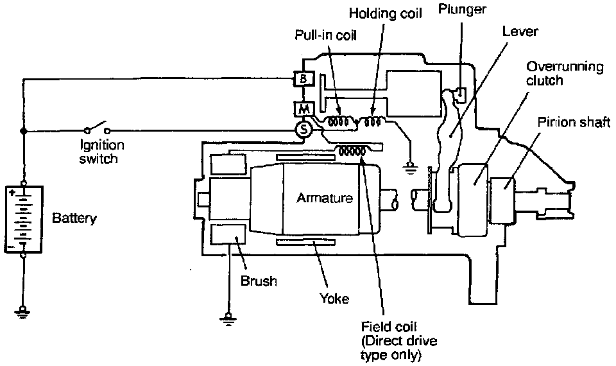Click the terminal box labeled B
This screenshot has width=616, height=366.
[302, 80]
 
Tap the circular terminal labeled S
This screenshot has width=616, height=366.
[303, 130]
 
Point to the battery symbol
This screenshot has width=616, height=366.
[24, 218]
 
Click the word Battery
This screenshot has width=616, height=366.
[74, 218]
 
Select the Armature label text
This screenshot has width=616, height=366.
[324, 198]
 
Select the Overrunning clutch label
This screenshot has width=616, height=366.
[565, 73]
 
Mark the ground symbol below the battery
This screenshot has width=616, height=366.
[24, 313]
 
